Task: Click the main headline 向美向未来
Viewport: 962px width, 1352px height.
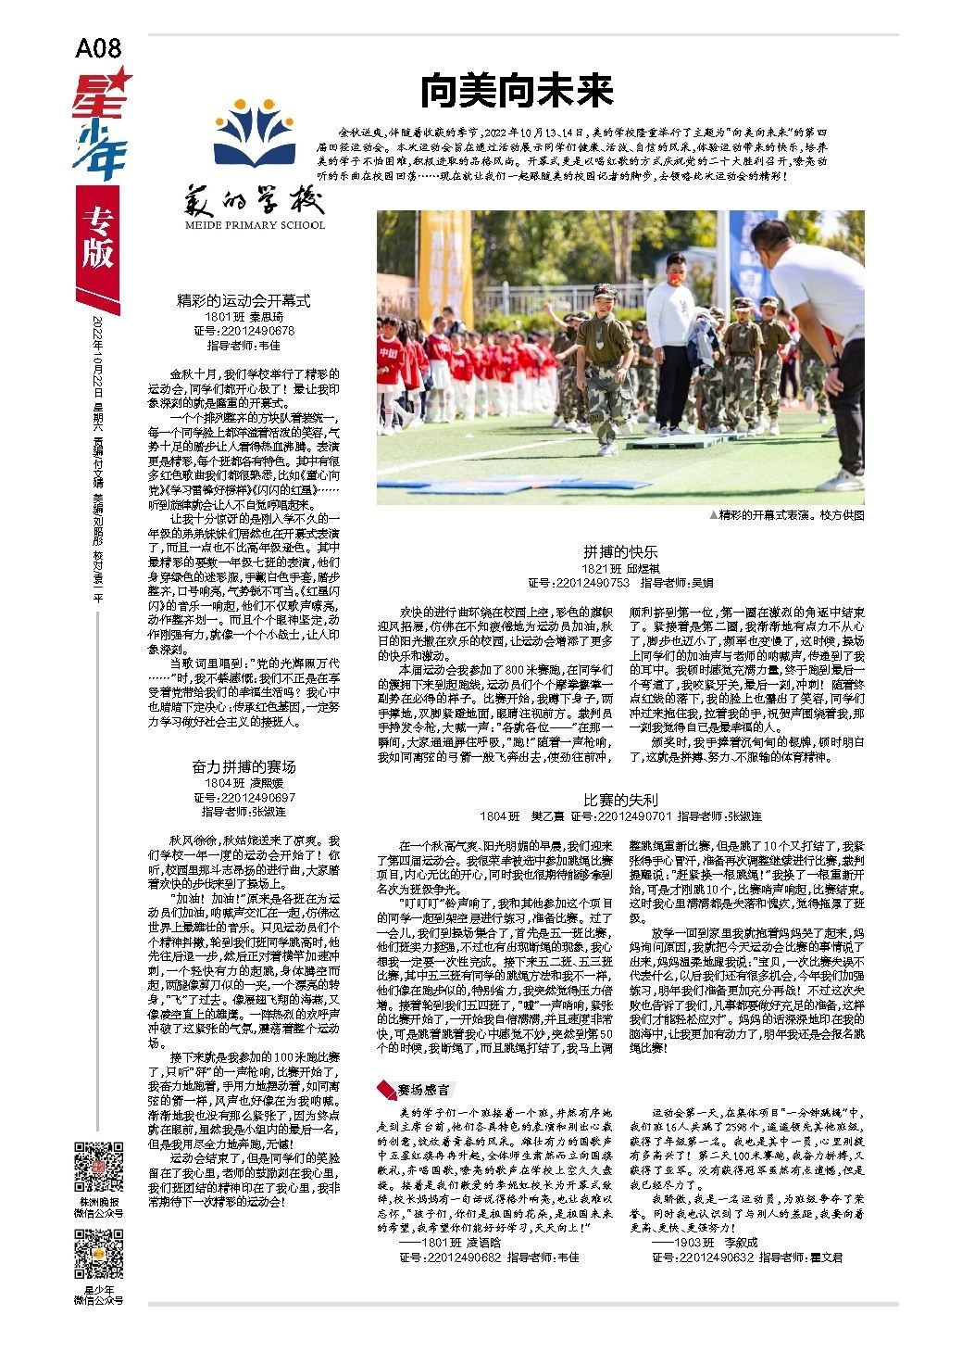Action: coord(517,92)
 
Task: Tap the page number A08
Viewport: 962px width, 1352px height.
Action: coord(98,48)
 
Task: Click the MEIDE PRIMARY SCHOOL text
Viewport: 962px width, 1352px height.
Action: coord(255,225)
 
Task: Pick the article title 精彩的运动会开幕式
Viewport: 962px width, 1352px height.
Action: coord(244,301)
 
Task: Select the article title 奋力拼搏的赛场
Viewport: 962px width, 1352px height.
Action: coord(244,766)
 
